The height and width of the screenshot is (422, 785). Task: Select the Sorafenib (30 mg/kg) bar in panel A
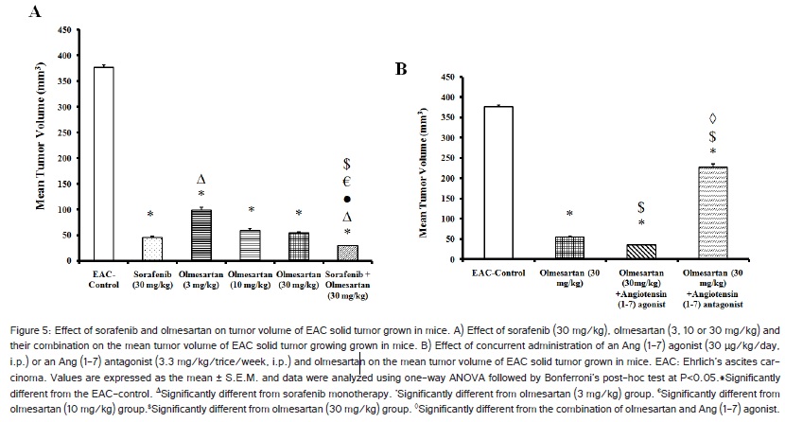(x=152, y=248)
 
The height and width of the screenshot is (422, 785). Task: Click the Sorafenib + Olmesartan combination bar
(x=347, y=252)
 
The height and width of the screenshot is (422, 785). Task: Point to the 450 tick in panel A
(x=69, y=30)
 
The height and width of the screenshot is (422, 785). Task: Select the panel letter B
(x=402, y=69)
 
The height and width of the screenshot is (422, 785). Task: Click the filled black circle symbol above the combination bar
(x=347, y=200)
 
